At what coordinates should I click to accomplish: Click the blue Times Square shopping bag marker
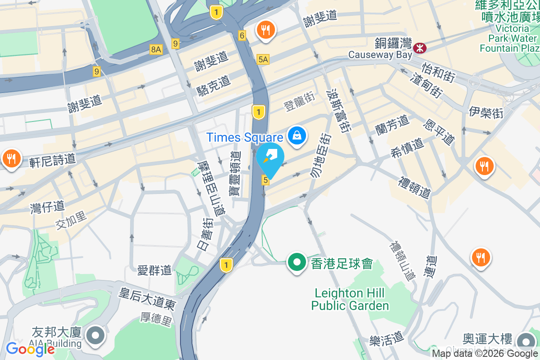point(297,135)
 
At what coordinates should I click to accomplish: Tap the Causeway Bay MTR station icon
point(419,46)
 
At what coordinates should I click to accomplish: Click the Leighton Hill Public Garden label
point(350,300)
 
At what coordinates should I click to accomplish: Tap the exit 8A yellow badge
point(156,49)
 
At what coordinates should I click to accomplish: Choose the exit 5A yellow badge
point(263,59)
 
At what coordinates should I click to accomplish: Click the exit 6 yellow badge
point(242,36)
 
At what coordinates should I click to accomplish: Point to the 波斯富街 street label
point(339,110)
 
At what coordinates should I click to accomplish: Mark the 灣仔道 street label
point(47,207)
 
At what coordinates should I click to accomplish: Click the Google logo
point(30,349)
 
